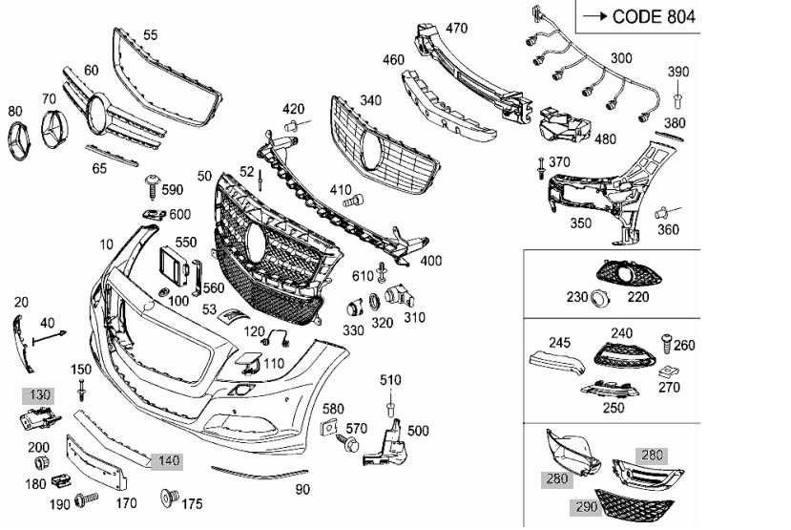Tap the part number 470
(x=457, y=28)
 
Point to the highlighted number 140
(x=168, y=460)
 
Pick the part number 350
(x=581, y=223)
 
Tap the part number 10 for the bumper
(x=105, y=245)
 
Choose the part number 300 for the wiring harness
(x=621, y=58)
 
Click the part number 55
(x=151, y=35)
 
